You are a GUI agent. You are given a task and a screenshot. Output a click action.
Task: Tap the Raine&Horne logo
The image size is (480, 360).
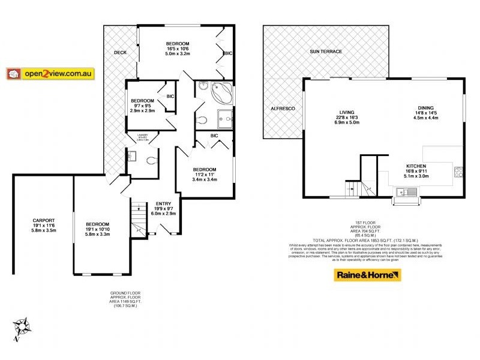pos(367,275)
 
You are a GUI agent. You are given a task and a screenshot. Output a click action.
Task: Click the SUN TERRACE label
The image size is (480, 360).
pos(326,52)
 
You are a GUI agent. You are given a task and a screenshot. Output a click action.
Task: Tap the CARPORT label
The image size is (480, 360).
pos(43,220)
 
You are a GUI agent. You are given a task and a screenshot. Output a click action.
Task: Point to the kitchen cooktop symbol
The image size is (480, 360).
pos(459,172)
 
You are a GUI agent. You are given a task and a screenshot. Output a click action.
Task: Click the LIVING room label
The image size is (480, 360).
pos(347,112)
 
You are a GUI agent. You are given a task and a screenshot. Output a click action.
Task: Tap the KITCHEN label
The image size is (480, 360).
pos(416,166)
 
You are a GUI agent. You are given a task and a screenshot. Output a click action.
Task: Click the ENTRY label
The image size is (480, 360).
pos(163,203)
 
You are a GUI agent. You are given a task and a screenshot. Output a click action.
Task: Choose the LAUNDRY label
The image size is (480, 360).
pos(142,135)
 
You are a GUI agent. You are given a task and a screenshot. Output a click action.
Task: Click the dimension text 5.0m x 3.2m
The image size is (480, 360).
pos(178,53)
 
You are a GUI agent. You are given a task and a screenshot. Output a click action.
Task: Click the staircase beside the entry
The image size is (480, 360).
pos(139,220)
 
